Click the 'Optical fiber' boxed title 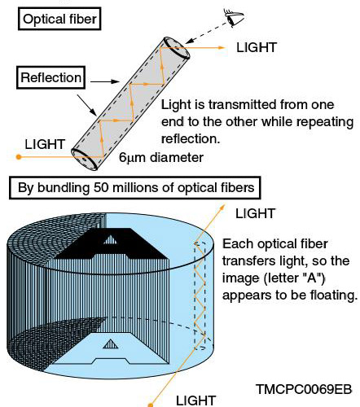click(x=56, y=17)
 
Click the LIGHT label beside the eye click(x=256, y=48)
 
